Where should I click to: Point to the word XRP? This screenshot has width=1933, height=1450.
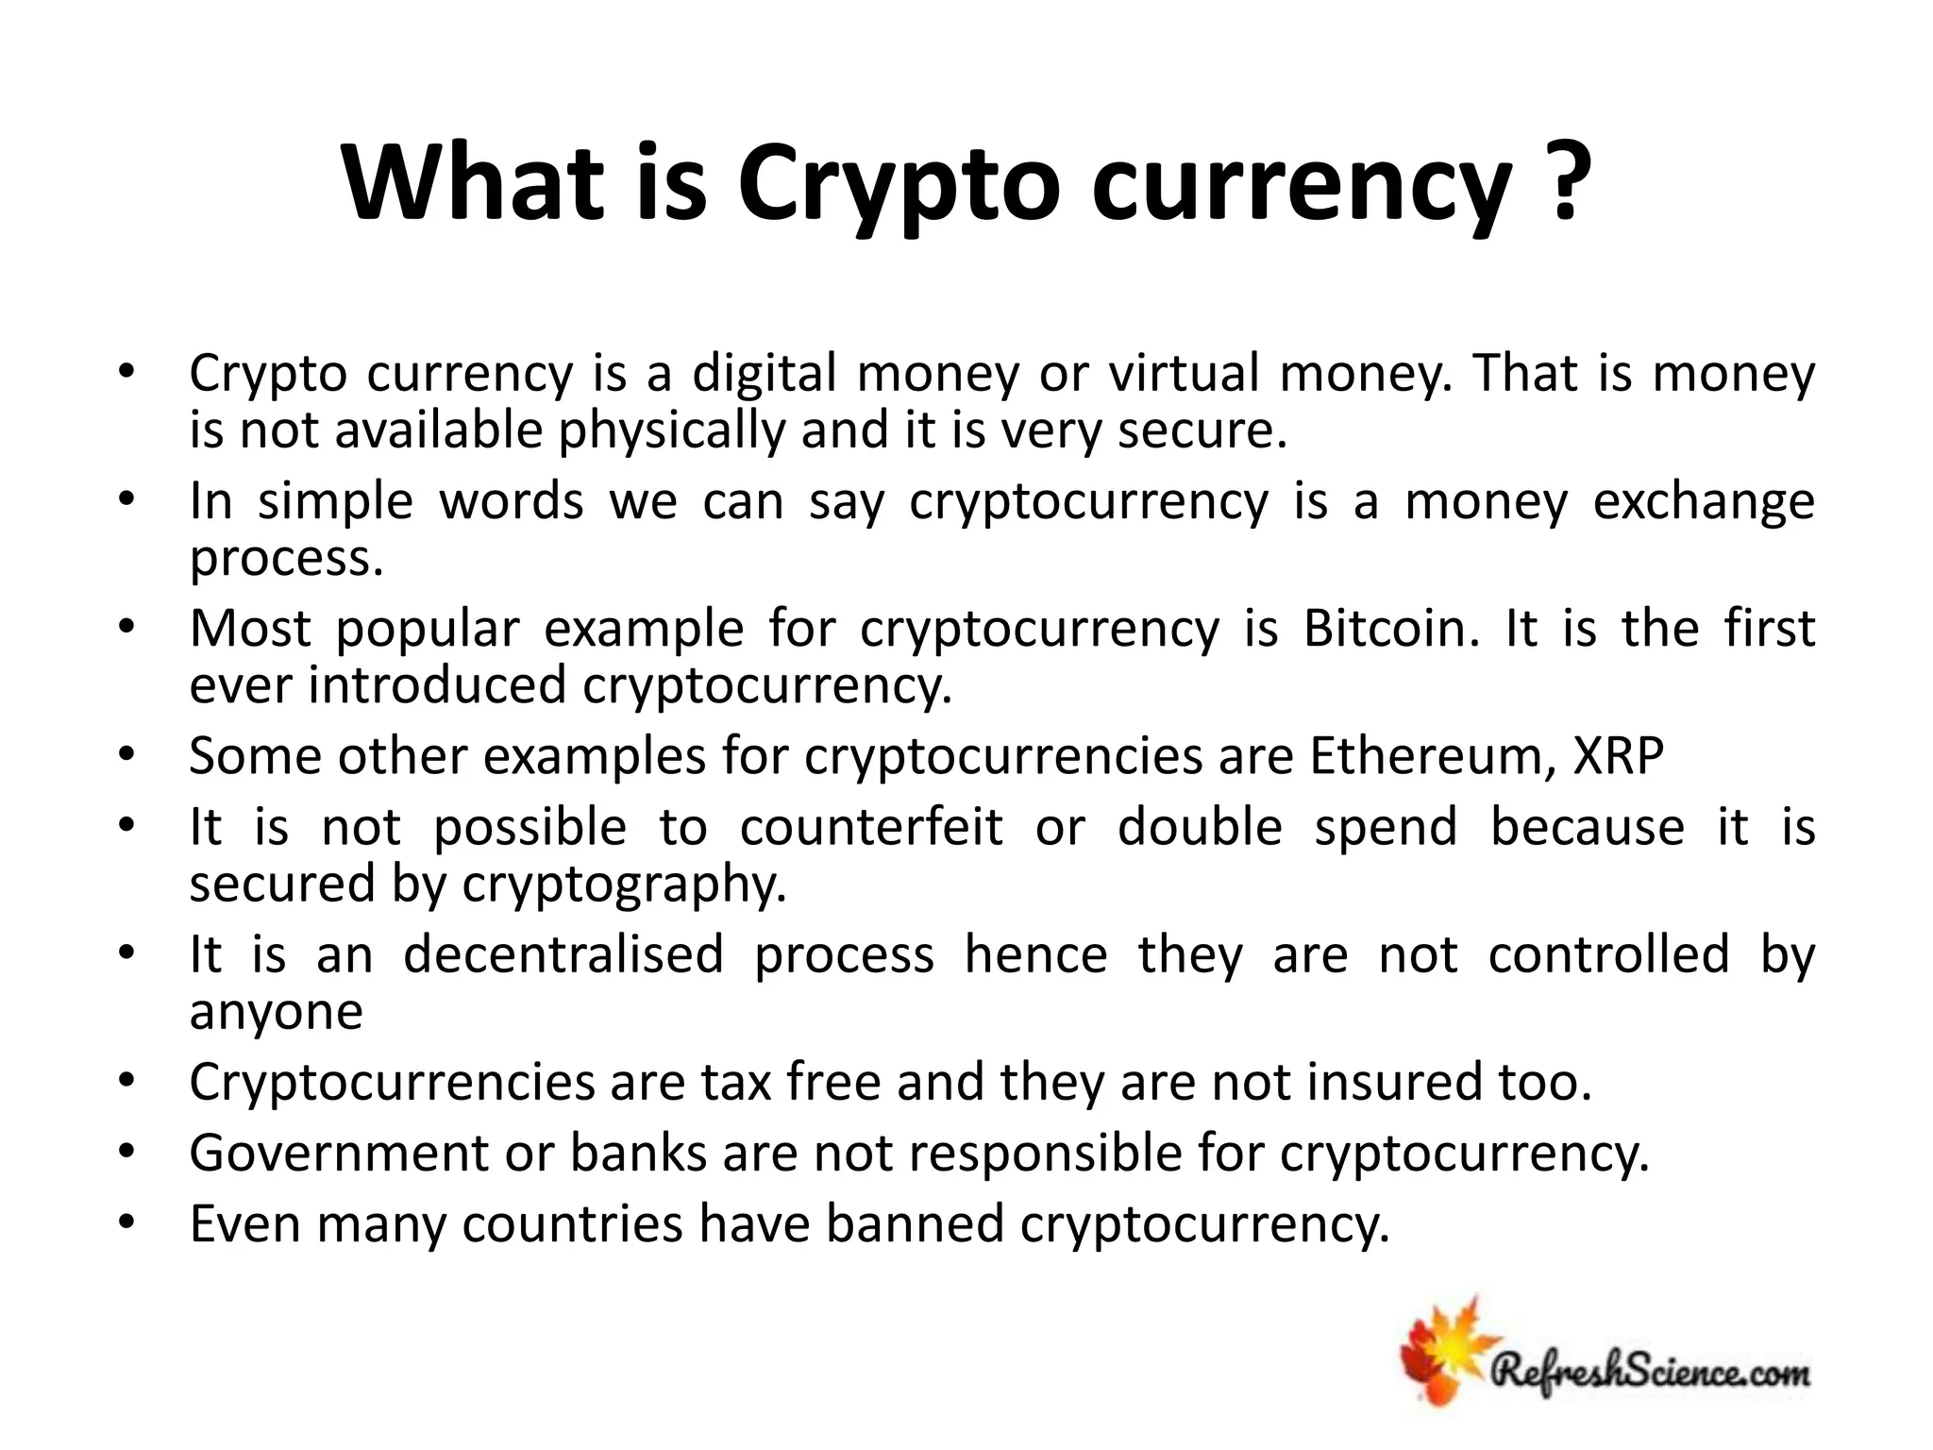click(1619, 756)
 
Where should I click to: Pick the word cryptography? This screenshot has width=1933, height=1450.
click(624, 885)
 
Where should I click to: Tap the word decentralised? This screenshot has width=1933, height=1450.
click(563, 954)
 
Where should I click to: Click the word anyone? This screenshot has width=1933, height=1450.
click(276, 1012)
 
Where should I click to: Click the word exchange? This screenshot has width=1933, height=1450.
click(1704, 501)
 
